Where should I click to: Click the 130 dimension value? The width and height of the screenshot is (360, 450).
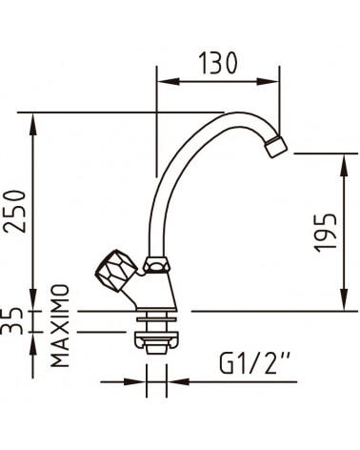point(217,63)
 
